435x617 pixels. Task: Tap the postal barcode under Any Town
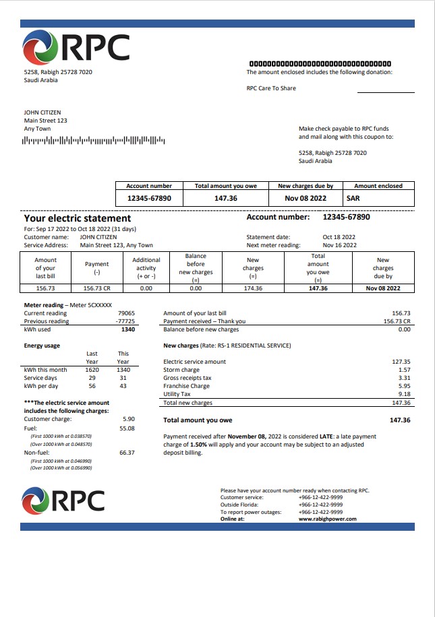click(94, 141)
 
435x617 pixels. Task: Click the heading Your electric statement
click(78, 218)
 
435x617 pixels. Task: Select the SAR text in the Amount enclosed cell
click(353, 199)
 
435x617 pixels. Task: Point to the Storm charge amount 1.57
click(405, 370)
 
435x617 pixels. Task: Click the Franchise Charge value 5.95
click(405, 386)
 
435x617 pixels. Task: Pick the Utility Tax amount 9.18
click(405, 394)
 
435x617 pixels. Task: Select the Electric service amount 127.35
click(401, 362)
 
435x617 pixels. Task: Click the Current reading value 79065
click(126, 313)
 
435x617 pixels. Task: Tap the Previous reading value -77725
click(125, 321)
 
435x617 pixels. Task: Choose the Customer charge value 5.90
click(128, 419)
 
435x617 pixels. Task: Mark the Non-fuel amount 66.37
click(127, 453)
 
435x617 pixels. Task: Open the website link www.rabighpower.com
click(327, 519)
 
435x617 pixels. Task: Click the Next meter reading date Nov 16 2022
click(339, 245)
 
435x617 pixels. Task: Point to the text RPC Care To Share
click(271, 88)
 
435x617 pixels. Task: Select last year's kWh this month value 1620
click(92, 370)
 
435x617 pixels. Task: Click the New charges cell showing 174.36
click(253, 288)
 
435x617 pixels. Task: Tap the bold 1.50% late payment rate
click(200, 445)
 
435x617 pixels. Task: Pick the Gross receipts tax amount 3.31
click(405, 378)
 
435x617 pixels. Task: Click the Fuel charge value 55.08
click(127, 428)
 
